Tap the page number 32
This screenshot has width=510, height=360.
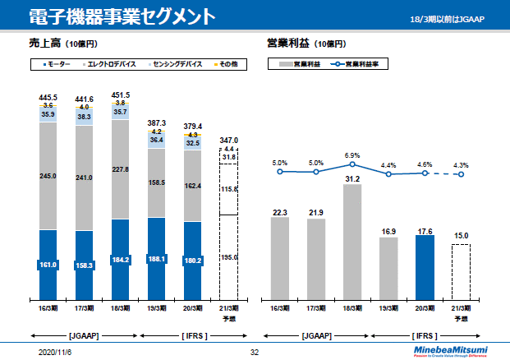pos(255,352)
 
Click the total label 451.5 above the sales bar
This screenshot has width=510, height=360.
pos(120,95)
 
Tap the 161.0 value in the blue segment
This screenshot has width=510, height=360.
pos(48,265)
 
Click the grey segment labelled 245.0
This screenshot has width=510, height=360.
pos(48,175)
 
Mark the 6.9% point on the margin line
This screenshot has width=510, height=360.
pos(351,165)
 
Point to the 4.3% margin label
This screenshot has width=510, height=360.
pos(461,164)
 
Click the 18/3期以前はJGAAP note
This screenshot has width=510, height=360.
pos(454,19)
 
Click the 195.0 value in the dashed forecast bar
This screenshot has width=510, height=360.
pos(230,257)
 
